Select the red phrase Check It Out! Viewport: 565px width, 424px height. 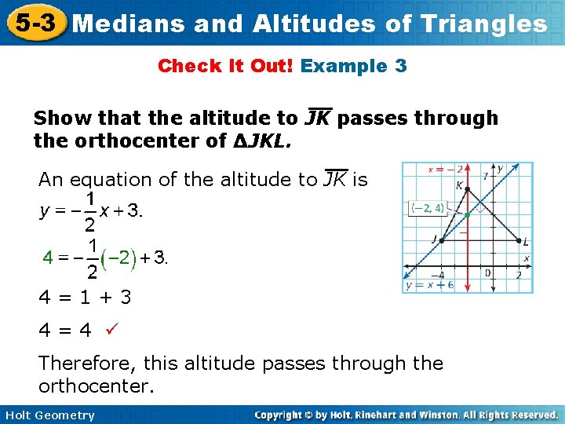click(x=225, y=66)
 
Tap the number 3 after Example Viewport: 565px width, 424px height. click(x=401, y=66)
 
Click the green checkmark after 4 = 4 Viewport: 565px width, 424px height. click(x=100, y=330)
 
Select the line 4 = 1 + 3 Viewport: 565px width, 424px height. click(x=85, y=298)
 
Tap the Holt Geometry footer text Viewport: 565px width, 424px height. click(x=48, y=415)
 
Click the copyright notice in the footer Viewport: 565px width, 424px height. click(x=406, y=415)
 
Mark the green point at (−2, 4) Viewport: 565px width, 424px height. click(x=466, y=214)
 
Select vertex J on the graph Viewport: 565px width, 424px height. click(x=441, y=239)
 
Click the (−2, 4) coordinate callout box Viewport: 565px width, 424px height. click(x=428, y=208)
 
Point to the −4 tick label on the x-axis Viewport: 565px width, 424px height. click(x=441, y=276)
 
